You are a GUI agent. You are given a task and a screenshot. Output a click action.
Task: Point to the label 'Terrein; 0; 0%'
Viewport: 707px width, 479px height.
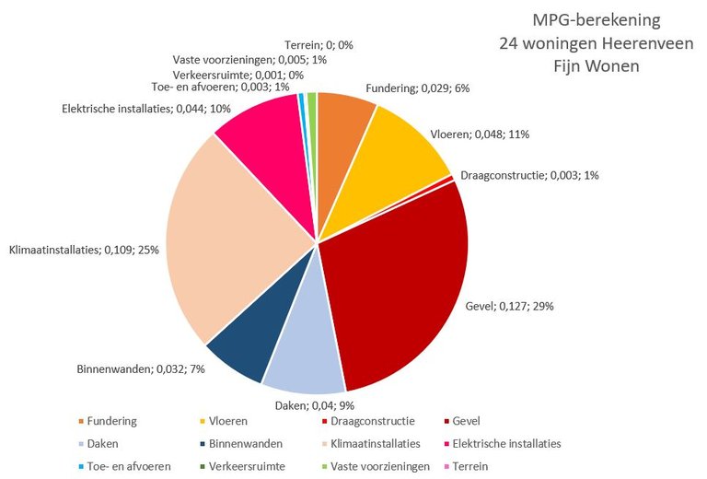319,43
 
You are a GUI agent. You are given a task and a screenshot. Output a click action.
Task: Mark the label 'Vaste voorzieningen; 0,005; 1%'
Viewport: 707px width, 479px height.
249,59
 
